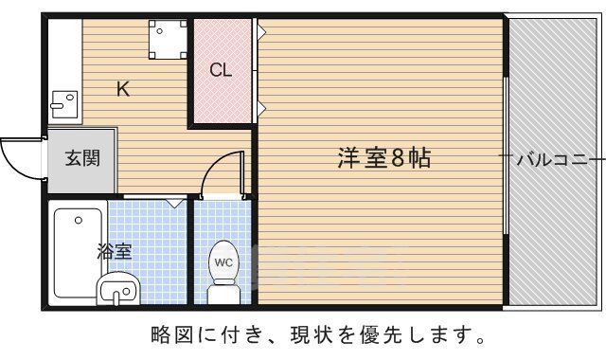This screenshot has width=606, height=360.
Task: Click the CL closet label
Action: coord(221,69)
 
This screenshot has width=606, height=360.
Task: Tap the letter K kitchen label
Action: coord(123,90)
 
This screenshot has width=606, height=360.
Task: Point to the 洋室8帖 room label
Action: coord(383,158)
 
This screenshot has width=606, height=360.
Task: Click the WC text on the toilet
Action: coord(223,261)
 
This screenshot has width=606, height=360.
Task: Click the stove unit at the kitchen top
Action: coord(167,38)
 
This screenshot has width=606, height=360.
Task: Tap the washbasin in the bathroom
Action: coord(117,287)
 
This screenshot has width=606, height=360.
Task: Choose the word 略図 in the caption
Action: coord(169,335)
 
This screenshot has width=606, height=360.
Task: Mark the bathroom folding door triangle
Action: coord(174,202)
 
